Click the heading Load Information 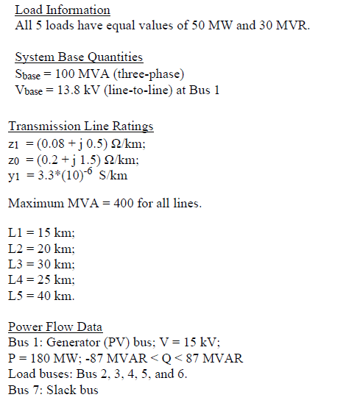63,10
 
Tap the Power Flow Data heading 55,327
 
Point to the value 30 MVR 283,26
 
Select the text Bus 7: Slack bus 53,390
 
